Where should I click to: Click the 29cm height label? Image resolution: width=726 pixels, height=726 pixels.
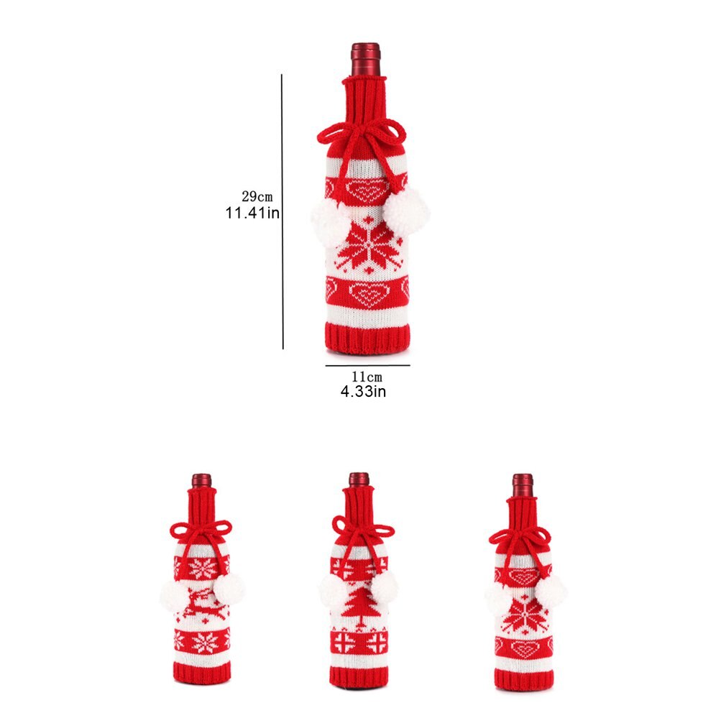tap(257, 197)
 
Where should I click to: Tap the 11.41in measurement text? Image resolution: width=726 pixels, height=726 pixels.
tap(253, 213)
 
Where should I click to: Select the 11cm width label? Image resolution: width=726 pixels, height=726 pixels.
tap(367, 377)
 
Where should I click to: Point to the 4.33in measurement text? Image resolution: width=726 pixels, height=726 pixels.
tap(364, 392)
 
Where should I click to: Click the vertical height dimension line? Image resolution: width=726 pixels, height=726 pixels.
tap(282, 211)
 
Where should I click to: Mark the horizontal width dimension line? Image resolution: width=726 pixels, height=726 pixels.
tap(367, 365)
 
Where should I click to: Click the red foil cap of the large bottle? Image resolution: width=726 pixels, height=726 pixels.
tap(366, 60)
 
